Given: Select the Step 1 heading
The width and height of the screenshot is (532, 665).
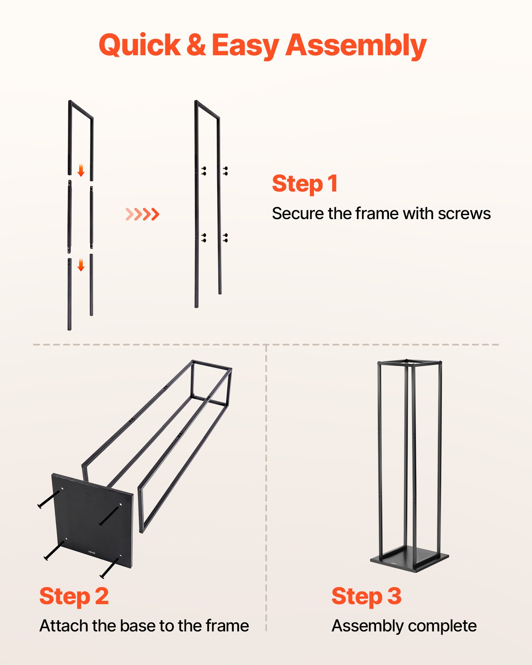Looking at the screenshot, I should [305, 184].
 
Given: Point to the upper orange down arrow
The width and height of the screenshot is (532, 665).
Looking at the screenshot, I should [81, 170].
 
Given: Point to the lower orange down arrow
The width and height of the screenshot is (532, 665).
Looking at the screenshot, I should [81, 265].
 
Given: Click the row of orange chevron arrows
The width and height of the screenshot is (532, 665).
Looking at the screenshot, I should [143, 214].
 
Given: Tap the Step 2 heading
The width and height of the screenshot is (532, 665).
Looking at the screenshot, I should [74, 596].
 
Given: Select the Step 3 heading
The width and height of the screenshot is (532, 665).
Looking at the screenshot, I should [366, 596].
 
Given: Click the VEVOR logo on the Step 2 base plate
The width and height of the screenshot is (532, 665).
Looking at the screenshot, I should [92, 553].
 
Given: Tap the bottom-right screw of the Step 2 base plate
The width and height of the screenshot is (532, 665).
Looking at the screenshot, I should [110, 567].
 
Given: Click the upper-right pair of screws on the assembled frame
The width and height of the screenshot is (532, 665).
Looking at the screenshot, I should [225, 171].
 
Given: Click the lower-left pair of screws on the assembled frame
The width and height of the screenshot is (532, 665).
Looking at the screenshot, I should [204, 238].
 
